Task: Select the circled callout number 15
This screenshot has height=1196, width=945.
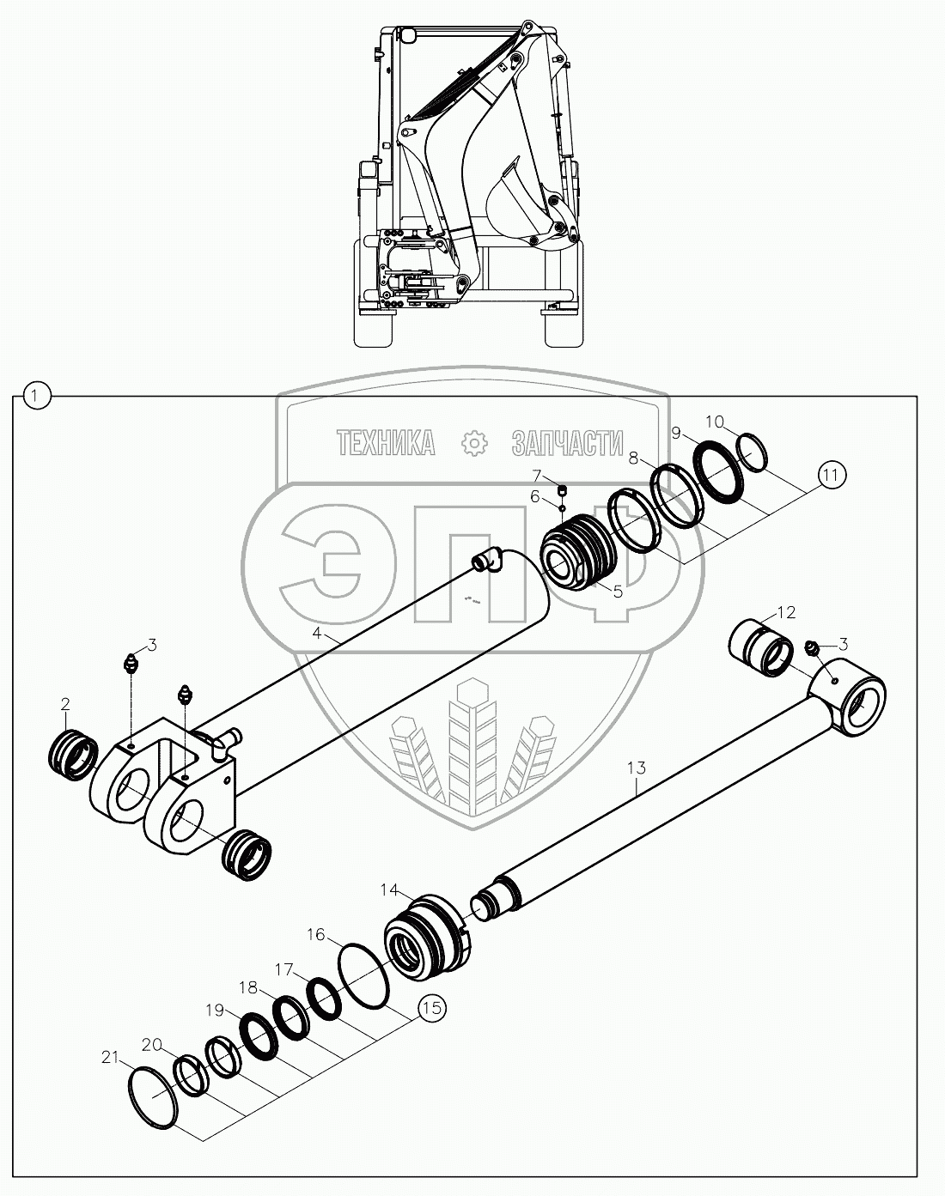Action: [431, 1007]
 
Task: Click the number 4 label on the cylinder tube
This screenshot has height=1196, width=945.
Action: [318, 634]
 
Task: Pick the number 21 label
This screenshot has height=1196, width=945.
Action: [109, 1059]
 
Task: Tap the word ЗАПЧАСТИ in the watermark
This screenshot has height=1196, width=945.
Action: [566, 442]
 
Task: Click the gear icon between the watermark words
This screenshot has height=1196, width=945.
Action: [474, 442]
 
